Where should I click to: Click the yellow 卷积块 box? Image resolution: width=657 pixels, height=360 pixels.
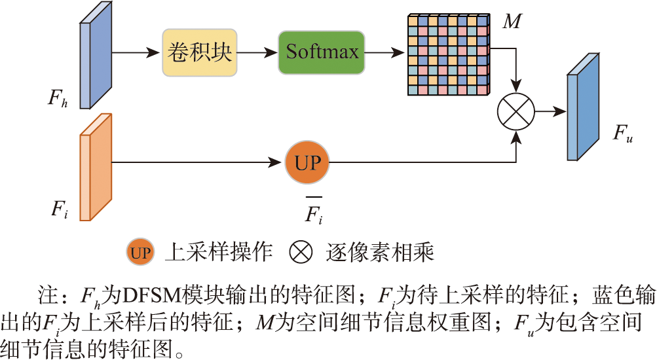pos(199,52)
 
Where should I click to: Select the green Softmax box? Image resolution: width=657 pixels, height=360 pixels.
pos(322,52)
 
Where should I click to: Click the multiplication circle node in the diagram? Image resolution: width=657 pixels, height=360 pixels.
pos(517,111)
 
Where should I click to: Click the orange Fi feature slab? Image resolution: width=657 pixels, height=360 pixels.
pos(96,168)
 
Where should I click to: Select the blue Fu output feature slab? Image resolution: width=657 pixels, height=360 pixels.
pos(583,107)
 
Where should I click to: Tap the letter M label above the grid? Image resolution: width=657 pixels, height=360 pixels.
pos(511,22)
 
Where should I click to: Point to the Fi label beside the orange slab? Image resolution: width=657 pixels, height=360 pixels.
pos(59,209)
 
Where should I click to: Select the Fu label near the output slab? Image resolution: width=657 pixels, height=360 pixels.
pos(622,134)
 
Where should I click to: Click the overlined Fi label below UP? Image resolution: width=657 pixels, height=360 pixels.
pos(314,213)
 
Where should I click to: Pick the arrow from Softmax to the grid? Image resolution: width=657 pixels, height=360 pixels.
pos(385,52)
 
